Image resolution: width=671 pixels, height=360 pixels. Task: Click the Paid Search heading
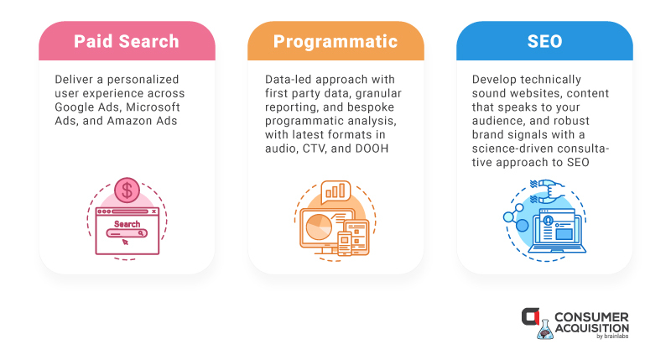127,41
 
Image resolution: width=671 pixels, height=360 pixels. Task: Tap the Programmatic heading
335,42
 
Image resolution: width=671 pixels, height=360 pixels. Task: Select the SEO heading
544,41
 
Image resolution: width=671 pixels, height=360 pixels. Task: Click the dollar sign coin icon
127,190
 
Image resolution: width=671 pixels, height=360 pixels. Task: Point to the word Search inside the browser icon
127,224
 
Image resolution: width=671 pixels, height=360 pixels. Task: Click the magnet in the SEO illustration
549,191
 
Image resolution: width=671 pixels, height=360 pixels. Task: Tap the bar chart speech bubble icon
335,191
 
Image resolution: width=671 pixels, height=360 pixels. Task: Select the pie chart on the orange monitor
319,227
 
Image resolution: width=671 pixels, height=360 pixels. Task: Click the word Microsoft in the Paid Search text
153,107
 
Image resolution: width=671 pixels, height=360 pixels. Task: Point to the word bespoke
371,107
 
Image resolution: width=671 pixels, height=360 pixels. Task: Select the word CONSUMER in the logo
591,317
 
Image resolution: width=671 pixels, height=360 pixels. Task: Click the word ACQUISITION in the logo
592,328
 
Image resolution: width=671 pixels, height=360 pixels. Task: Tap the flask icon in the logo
545,330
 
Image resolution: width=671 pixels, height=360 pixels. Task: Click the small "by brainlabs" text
612,337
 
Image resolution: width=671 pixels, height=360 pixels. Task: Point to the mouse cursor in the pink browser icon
125,242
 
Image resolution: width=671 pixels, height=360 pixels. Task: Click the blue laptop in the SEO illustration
557,233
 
